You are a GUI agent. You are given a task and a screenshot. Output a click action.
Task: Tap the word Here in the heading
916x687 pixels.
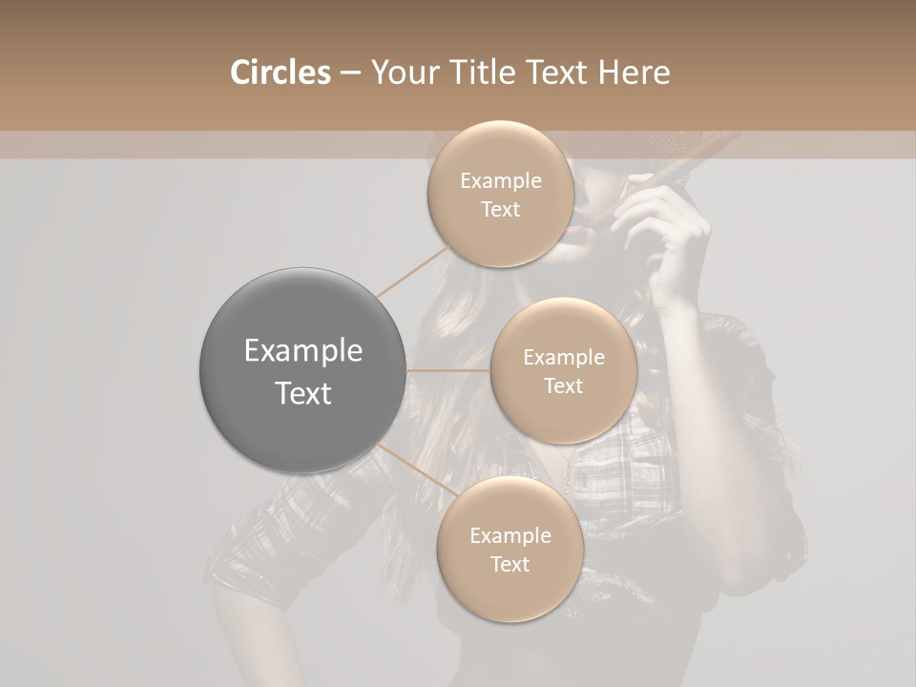[x=634, y=73]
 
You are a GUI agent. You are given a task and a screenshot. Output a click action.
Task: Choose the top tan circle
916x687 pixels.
[x=499, y=194]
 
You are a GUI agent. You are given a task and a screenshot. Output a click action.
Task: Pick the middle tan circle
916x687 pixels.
[x=563, y=370]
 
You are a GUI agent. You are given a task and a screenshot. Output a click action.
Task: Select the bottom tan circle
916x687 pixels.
[x=510, y=549]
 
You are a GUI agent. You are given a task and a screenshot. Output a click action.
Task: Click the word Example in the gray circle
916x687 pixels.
[x=303, y=351]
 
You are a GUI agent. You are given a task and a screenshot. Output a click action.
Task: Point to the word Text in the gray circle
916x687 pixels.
[x=303, y=393]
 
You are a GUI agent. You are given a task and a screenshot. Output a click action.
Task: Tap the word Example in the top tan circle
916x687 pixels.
[x=501, y=181]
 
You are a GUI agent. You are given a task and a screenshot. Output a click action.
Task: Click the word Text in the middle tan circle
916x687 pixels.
[x=563, y=385]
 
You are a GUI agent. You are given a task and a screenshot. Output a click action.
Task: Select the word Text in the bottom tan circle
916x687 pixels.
[x=510, y=564]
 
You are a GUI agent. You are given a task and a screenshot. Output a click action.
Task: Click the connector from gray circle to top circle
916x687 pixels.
[x=412, y=269]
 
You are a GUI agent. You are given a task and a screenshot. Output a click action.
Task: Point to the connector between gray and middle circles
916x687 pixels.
[x=448, y=370]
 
